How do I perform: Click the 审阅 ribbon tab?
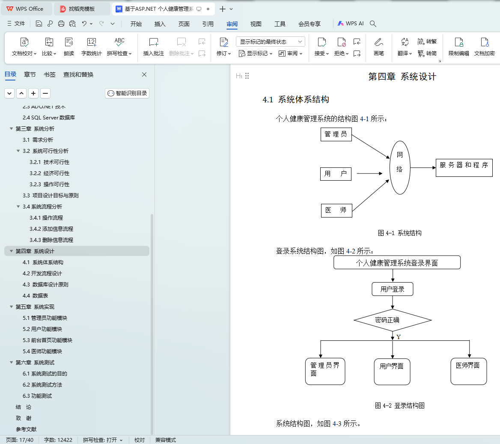coord(232,24)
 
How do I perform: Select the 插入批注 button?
coord(154,47)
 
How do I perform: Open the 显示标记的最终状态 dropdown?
coord(270,42)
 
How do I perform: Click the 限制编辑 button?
coord(458,47)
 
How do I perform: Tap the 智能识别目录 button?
coord(127,93)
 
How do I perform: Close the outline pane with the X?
coord(144,74)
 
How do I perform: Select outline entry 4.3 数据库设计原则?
coord(45,285)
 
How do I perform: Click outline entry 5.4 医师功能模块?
coord(42,352)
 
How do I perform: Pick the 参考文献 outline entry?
coord(26,429)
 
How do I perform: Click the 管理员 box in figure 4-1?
coord(336,134)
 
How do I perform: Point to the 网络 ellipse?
coord(400,167)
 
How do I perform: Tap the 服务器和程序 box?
coord(464,167)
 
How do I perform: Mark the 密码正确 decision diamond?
coord(392,320)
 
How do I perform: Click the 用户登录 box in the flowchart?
coord(393,289)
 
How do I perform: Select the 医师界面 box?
coord(468,371)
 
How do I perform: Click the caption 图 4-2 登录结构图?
coord(399,405)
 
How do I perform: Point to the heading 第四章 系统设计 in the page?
coord(402,77)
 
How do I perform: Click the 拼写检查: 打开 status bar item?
coord(103,440)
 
